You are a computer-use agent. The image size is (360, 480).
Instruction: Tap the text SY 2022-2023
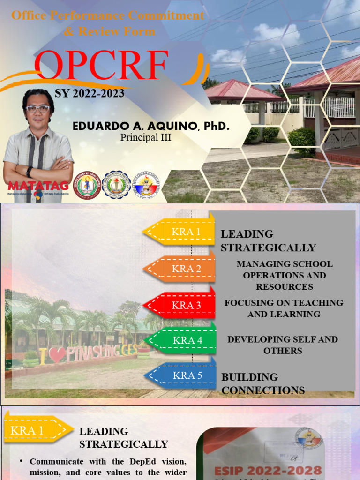pyautogui.click(x=90, y=93)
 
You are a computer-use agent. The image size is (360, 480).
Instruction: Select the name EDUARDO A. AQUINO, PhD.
pyautogui.click(x=151, y=127)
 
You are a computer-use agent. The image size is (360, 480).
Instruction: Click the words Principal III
pyautogui.click(x=146, y=138)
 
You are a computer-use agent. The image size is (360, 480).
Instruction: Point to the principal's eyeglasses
pyautogui.click(x=38, y=109)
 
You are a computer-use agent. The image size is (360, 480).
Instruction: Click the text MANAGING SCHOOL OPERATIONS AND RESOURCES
pyautogui.click(x=285, y=275)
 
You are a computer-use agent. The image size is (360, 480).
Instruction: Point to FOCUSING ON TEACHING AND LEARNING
pyautogui.click(x=284, y=308)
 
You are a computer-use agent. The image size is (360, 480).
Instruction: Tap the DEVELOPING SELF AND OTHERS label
pyautogui.click(x=283, y=345)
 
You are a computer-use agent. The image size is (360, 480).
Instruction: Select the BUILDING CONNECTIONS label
pyautogui.click(x=263, y=383)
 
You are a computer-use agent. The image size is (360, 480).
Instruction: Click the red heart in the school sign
pyautogui.click(x=57, y=354)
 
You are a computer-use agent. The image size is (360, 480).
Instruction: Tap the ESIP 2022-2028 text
pyautogui.click(x=268, y=470)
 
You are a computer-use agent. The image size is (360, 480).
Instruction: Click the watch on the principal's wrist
pyautogui.click(x=30, y=171)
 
